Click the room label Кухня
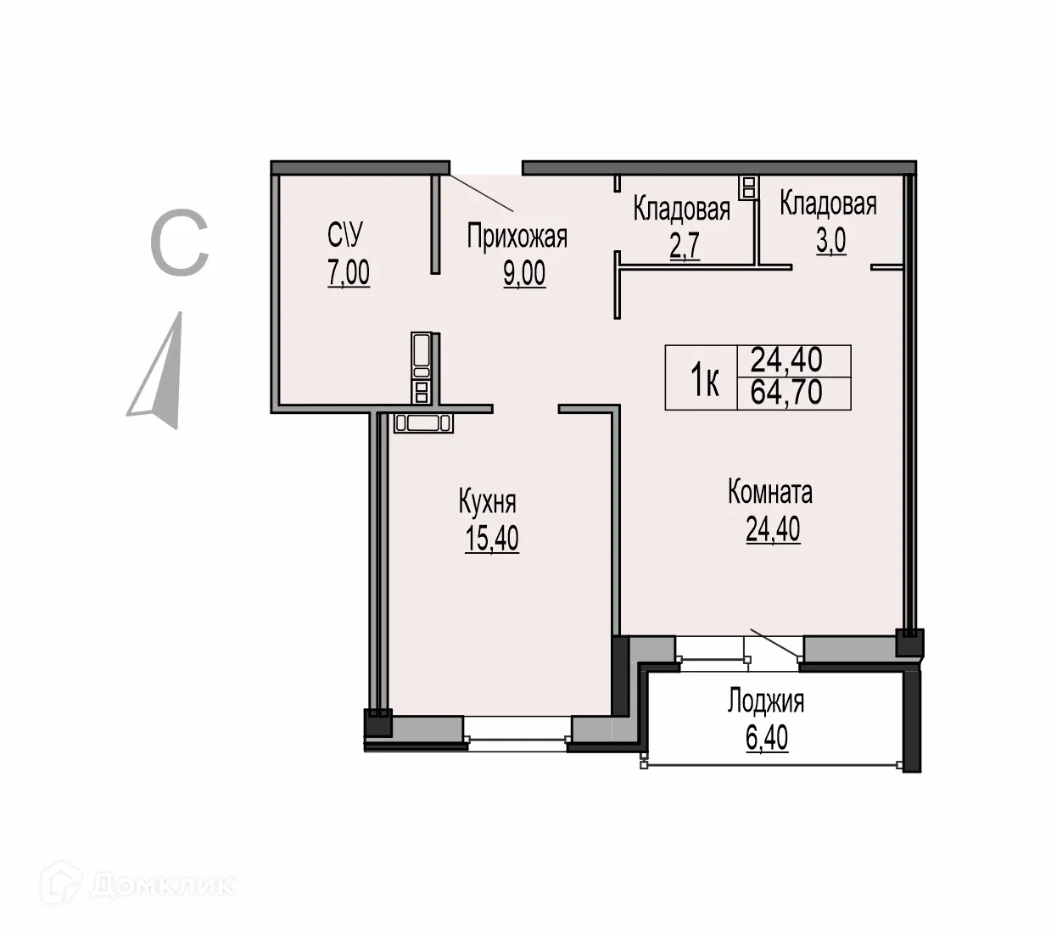[x=487, y=502]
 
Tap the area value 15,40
[x=492, y=539]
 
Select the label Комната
[x=770, y=492]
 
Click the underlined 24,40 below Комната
[x=773, y=529]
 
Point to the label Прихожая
[x=517, y=237]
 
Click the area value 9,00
[x=524, y=274]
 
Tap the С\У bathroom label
[x=348, y=235]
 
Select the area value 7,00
[x=349, y=273]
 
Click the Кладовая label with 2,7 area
[x=681, y=209]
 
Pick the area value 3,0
[x=831, y=242]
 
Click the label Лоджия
[x=766, y=701]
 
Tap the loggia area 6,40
[x=767, y=739]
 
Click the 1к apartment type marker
[x=703, y=379]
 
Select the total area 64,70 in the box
[x=786, y=394]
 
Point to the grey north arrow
[x=161, y=373]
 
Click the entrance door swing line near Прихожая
[x=481, y=193]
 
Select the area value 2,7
[x=685, y=247]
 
